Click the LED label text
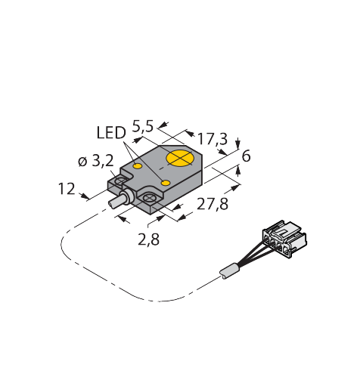click(111, 133)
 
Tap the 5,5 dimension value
click(143, 126)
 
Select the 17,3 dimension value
click(213, 139)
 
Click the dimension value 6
click(246, 156)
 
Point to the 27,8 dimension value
click(213, 204)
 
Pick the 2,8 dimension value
click(149, 239)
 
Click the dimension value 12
click(67, 189)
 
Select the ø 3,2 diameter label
click(96, 161)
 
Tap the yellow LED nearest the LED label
click(138, 166)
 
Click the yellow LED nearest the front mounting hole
click(166, 183)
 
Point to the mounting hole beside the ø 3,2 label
click(121, 181)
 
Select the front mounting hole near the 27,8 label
click(149, 199)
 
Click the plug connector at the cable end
click(284, 239)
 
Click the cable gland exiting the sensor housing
click(126, 197)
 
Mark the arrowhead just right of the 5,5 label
click(163, 125)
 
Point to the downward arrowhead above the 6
click(237, 145)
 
